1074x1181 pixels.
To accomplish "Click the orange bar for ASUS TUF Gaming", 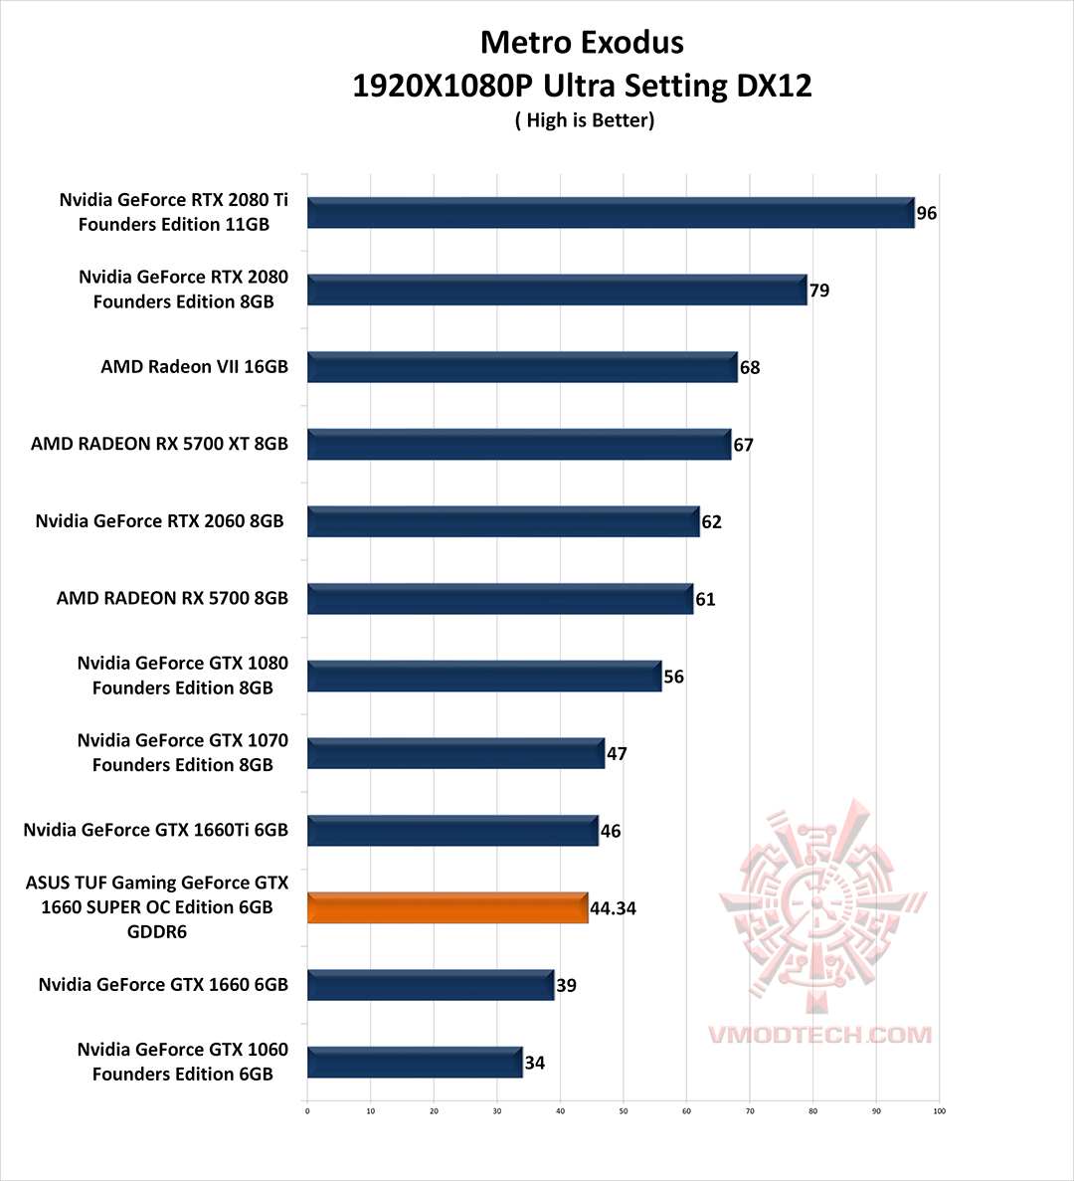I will click(447, 907).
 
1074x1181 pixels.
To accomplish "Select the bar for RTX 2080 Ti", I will click(611, 213).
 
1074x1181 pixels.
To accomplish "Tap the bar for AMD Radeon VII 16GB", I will click(522, 367).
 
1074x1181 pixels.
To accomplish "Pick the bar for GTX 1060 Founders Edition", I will click(415, 1063).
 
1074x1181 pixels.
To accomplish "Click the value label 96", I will click(927, 213).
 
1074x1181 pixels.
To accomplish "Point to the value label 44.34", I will click(613, 908).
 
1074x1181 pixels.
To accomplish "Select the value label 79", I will click(819, 291).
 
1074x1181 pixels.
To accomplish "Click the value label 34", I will click(535, 1063).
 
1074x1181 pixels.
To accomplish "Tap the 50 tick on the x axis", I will click(624, 1111).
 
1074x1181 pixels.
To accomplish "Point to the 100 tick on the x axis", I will click(939, 1111).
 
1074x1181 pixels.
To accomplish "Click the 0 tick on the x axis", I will click(307, 1111).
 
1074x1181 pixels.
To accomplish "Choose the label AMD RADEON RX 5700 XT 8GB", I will click(159, 444).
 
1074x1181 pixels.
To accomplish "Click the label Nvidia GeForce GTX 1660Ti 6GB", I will click(155, 830).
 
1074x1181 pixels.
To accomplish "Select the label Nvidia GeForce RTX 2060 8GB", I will click(159, 520).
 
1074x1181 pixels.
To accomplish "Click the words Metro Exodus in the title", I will click(582, 42).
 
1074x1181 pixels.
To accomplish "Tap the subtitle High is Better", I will click(585, 120).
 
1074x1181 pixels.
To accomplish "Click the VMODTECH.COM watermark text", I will click(819, 1035).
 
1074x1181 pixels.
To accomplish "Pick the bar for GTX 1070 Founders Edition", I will click(455, 753).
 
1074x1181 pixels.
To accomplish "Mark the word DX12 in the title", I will click(774, 86).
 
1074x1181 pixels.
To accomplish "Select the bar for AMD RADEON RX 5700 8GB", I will click(500, 599).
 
